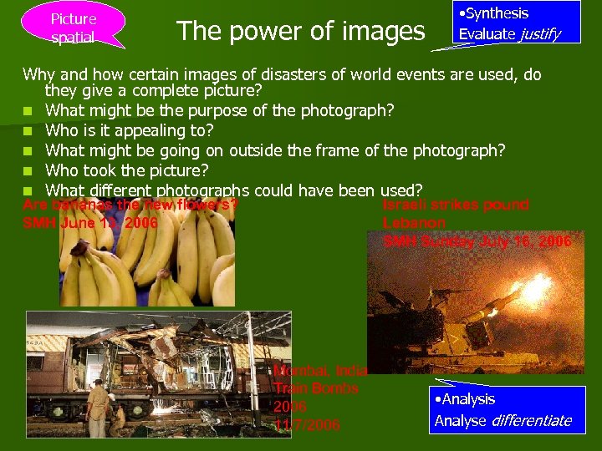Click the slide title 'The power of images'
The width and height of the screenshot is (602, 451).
tap(301, 32)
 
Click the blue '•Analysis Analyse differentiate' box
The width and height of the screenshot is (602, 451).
tap(508, 409)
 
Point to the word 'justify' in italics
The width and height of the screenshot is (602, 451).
tap(539, 34)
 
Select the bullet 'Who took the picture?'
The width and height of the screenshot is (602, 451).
tap(126, 170)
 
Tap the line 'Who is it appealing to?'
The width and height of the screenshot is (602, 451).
tap(130, 130)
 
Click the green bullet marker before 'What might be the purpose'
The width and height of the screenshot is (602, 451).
tap(28, 111)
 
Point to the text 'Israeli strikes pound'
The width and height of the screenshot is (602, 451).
tap(456, 205)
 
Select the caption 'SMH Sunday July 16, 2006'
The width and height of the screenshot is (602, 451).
tap(477, 241)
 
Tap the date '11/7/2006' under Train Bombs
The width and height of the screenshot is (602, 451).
tap(307, 425)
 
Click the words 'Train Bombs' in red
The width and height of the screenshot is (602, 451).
tap(315, 388)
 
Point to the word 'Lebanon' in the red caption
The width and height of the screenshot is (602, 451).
tap(414, 223)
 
